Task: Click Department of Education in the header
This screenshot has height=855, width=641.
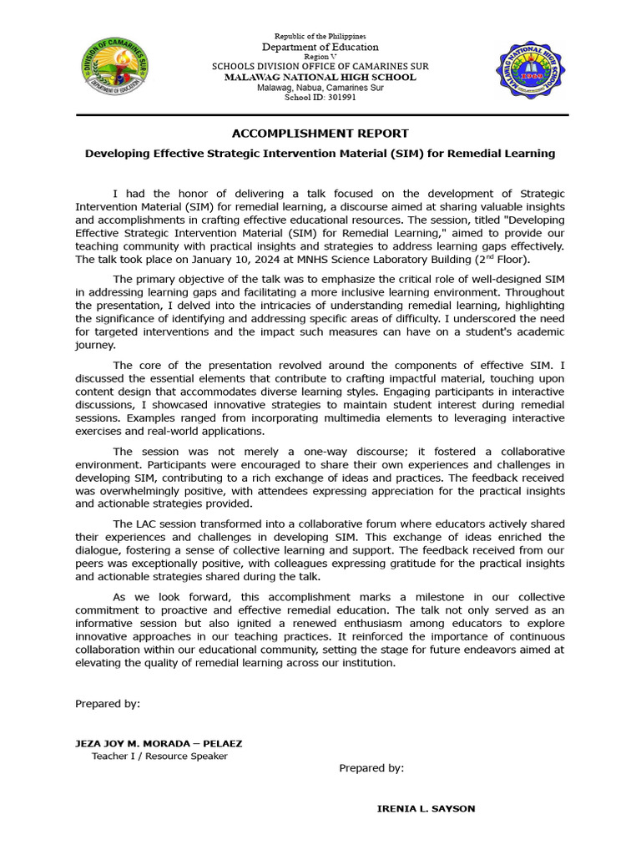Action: point(320,48)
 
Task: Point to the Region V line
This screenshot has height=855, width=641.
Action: point(320,57)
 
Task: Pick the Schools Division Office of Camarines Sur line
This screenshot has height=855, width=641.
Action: point(320,67)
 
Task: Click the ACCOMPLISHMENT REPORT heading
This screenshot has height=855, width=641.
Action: point(320,134)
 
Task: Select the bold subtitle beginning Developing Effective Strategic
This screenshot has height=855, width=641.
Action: point(320,154)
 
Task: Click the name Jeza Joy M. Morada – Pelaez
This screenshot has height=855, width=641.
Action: point(159,743)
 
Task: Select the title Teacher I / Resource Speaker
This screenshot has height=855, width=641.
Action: point(159,756)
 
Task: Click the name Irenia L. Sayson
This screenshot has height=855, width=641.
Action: point(426,809)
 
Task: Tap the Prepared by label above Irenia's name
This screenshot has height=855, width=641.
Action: point(371,768)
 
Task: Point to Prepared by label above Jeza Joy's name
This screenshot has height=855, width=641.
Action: point(108,704)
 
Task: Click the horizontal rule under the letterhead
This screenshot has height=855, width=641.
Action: point(320,114)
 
